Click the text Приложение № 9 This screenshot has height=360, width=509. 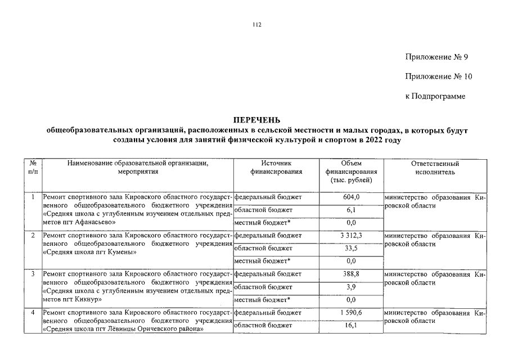point(436,57)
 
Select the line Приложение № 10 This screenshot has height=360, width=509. point(439,77)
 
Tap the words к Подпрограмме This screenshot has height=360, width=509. point(435,97)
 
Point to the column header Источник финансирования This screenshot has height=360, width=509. point(275,168)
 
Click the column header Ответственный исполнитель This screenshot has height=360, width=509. point(435,168)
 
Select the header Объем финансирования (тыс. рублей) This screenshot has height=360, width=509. point(351,172)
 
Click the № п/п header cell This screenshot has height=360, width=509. point(33,168)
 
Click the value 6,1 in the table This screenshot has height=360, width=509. point(351,210)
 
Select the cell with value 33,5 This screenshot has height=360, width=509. point(351,249)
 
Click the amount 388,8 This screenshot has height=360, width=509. point(351,274)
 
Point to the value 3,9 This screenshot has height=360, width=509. point(351,287)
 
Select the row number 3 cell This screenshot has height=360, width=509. point(33,274)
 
